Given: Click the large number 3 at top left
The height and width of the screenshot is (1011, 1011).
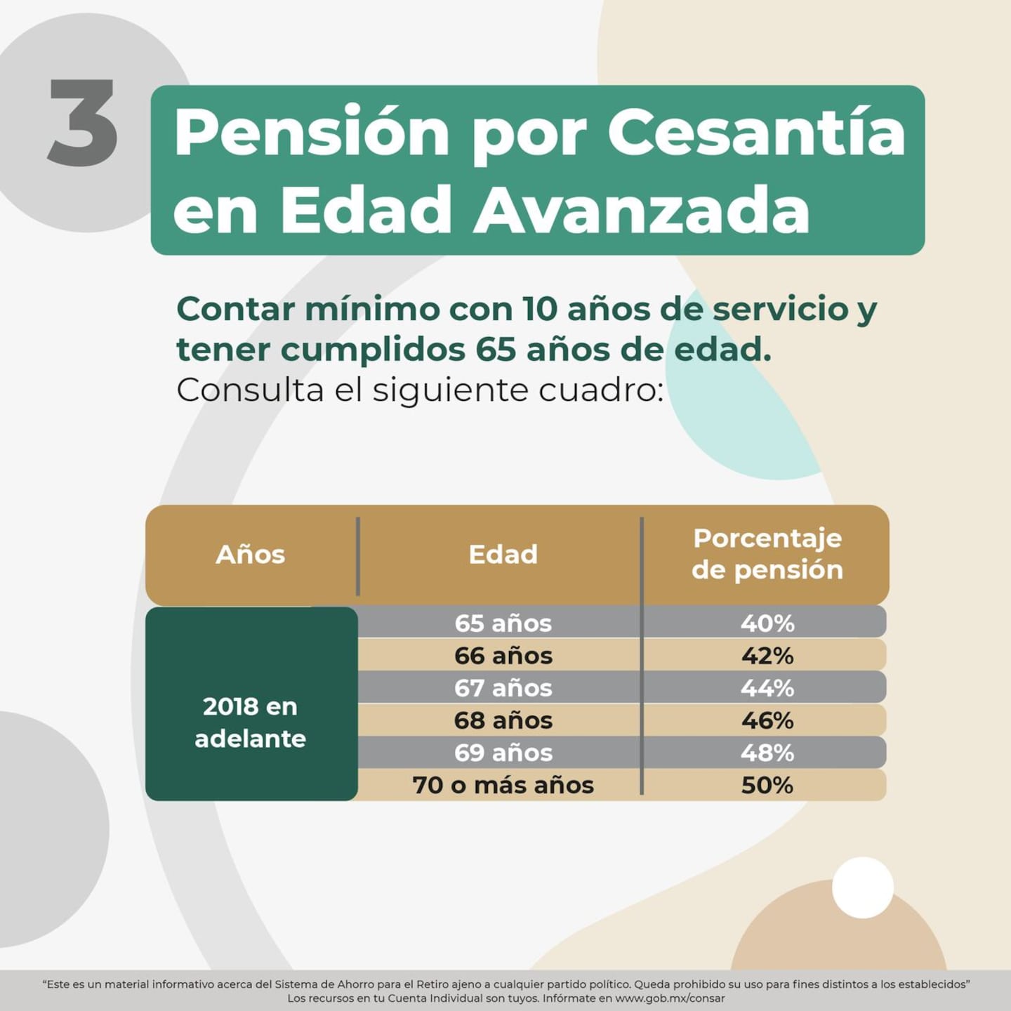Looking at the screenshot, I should [83, 124].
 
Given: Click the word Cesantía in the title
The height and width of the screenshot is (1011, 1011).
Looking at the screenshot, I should [756, 133].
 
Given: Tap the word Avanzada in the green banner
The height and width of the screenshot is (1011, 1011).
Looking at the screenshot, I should [641, 210].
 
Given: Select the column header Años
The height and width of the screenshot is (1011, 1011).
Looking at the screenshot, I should [251, 555].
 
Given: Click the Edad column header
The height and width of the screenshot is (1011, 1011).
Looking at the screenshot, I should [503, 555].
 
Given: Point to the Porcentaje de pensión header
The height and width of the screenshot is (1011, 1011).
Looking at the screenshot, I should [767, 554].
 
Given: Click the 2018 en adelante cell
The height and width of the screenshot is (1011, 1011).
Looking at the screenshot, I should [251, 722].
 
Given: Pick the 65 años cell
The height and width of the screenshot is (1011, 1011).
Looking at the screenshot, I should [503, 623].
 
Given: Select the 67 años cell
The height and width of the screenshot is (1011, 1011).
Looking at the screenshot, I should [503, 688].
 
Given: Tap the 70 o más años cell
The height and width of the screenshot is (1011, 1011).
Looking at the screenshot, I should [503, 785].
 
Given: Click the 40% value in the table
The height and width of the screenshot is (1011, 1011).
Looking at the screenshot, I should [767, 623].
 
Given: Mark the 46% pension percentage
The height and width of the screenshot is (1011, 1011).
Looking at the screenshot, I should [767, 720].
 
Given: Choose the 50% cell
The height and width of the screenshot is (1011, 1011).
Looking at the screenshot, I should [767, 785].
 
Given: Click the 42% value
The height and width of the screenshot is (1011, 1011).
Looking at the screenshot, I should [767, 656].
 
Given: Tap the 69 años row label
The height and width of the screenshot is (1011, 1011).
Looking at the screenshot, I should [503, 753].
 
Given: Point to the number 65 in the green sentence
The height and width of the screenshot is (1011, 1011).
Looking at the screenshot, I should [496, 350].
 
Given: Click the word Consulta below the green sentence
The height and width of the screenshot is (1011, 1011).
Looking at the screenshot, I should [249, 390].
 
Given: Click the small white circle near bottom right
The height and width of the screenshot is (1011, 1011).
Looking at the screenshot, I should [862, 887].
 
